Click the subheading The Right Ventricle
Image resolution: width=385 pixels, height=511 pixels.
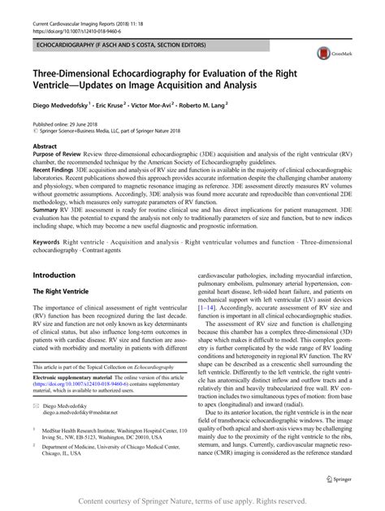pyautogui.click(x=62, y=292)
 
